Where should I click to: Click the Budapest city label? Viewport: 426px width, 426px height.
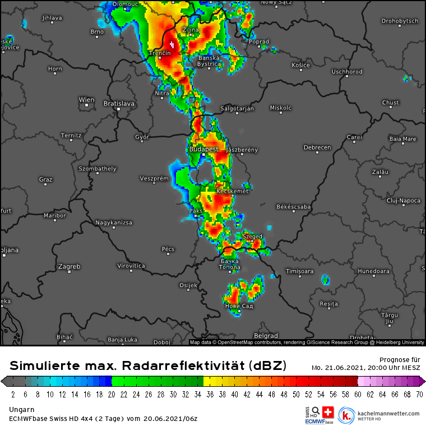[x=203, y=149]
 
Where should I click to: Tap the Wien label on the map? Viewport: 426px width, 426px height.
[x=86, y=100]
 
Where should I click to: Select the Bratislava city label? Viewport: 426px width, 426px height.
[x=119, y=103]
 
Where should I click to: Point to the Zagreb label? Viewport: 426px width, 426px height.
[x=69, y=266]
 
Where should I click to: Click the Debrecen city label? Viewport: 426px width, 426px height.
[x=317, y=147]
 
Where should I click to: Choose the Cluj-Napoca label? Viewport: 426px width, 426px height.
[x=403, y=200]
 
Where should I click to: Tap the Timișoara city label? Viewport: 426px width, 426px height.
[x=299, y=271]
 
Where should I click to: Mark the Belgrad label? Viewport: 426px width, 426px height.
[x=266, y=336]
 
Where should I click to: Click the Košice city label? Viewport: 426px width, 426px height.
[x=300, y=65]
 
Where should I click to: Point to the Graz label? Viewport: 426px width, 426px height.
[x=45, y=179]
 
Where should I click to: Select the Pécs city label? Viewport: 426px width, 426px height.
[x=168, y=249]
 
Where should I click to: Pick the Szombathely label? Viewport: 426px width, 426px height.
[x=98, y=168]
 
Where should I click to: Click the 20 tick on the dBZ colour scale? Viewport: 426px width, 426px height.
[x=112, y=394]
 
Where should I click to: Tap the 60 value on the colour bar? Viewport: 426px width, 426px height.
[x=358, y=394]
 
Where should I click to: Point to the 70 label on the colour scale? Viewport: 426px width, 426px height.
[x=419, y=394]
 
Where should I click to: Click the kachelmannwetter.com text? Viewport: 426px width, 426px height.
[x=387, y=414]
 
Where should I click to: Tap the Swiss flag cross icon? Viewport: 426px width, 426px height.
[x=328, y=412]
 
